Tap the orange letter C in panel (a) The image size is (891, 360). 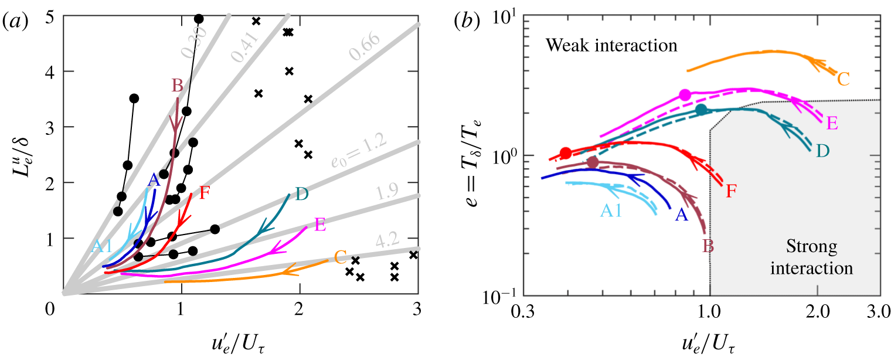340,256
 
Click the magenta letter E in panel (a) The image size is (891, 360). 320,224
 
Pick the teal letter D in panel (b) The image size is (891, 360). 822,151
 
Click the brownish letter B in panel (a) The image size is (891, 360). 177,86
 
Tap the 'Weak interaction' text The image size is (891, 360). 611,45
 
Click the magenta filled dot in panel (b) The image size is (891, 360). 685,95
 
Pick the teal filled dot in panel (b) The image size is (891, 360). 701,109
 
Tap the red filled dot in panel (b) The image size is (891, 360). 566,153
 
